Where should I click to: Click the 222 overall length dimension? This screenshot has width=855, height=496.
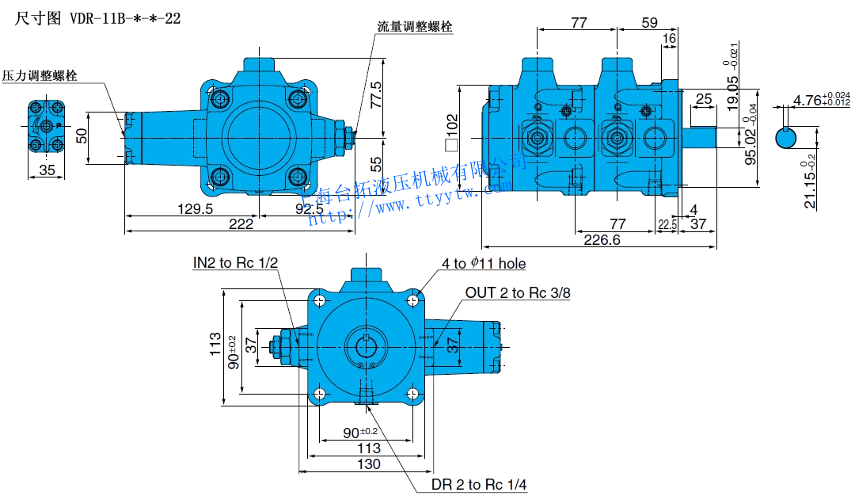point(241,224)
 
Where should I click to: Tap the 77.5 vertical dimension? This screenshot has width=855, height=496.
point(377,95)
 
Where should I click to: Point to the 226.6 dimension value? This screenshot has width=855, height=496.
point(602,239)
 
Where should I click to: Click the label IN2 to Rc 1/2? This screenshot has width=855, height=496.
point(236,262)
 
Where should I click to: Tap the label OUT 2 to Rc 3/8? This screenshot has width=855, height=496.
point(518,293)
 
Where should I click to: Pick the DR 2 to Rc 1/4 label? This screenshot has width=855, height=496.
point(480,484)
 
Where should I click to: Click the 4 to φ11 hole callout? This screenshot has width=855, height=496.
point(484,263)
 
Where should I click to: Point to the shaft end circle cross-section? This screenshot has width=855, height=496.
point(786,138)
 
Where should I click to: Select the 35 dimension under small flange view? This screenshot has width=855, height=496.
point(47,170)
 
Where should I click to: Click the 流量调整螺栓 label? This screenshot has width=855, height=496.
point(415,26)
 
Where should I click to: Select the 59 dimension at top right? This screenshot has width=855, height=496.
point(649,23)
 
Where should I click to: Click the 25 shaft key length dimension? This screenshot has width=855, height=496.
point(703,99)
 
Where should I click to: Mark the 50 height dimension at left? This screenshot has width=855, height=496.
point(81,136)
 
